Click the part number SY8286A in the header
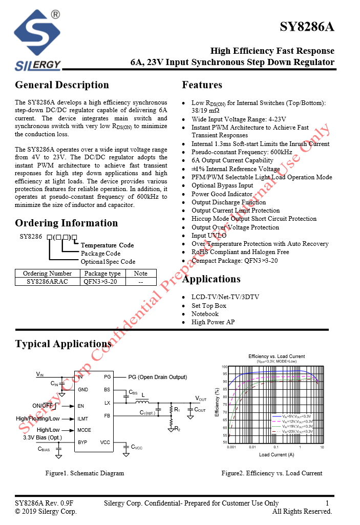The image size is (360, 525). [307, 27]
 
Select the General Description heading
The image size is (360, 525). [62, 85]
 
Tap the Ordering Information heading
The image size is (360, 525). [67, 223]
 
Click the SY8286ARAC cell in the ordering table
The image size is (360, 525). [48, 281]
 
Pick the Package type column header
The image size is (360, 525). [102, 274]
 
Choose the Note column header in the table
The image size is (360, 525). [140, 274]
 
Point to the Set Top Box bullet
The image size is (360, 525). [209, 306]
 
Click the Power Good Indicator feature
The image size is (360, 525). [222, 194]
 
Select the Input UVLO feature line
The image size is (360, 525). [206, 236]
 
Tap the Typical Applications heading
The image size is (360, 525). [63, 344]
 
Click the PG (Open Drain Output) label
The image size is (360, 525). [157, 377]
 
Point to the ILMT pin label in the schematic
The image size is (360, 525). [83, 418]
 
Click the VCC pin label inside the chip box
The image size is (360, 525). [105, 442]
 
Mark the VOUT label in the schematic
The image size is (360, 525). [200, 398]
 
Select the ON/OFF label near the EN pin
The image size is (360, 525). [43, 406]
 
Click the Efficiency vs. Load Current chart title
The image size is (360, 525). [277, 356]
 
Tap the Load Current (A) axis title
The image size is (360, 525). [277, 455]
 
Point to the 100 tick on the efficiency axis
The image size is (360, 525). [224, 367]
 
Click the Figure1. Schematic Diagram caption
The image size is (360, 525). [84, 473]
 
